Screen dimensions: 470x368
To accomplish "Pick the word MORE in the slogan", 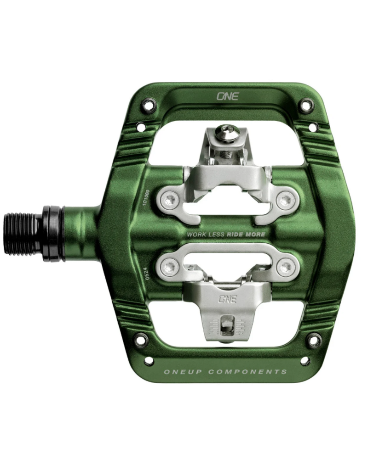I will pos(256,234).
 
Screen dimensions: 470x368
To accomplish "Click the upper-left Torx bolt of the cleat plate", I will pos(170,198).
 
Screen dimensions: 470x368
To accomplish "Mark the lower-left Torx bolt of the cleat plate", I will pos(170,265).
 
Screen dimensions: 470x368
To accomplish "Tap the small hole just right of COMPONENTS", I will pos(305,361).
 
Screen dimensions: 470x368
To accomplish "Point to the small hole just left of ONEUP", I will pos(149,361).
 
